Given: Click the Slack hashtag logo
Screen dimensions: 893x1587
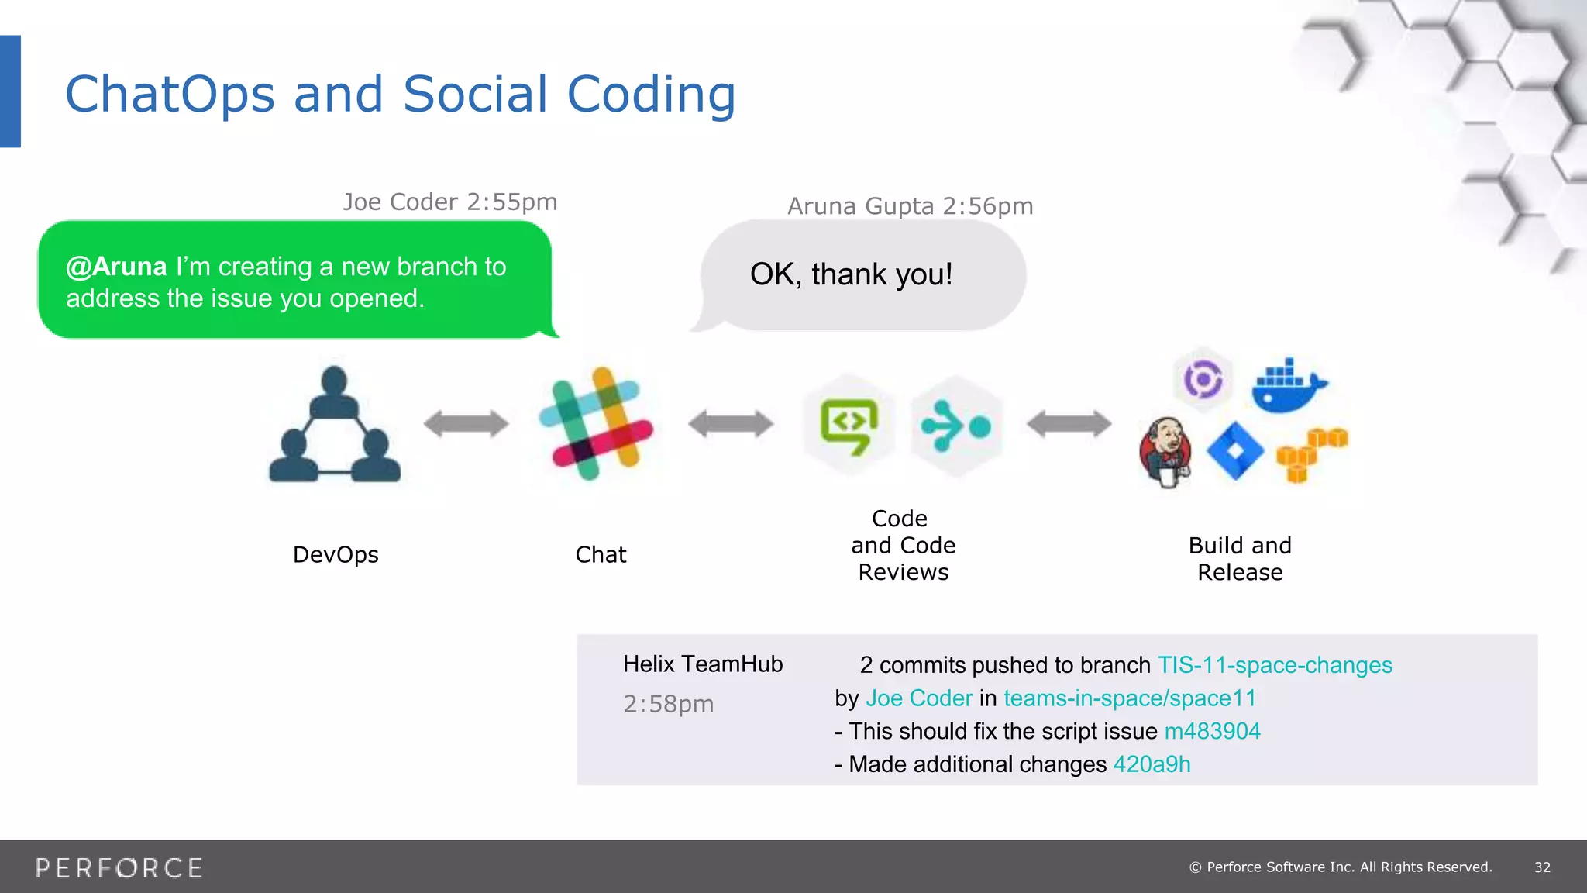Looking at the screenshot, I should click(x=596, y=424).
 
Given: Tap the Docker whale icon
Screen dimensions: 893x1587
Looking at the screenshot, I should click(x=1288, y=386).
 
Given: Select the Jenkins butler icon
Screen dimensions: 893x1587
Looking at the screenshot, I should click(x=1165, y=453).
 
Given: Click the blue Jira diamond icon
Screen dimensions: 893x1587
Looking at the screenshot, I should click(x=1235, y=451).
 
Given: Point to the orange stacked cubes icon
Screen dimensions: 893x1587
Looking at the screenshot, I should click(x=1311, y=454).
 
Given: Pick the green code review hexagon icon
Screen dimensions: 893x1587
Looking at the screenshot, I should click(x=849, y=425).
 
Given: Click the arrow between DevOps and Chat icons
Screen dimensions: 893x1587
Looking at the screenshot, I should click(x=466, y=424).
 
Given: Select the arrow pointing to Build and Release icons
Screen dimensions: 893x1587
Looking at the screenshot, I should click(x=1069, y=424).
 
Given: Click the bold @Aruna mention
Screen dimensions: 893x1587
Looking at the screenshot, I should click(x=116, y=267).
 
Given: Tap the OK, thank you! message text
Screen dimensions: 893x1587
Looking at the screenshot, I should click(x=851, y=274).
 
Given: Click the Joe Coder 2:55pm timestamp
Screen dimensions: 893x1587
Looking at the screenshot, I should click(x=449, y=202).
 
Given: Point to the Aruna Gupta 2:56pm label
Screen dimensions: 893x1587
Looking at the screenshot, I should click(x=910, y=206).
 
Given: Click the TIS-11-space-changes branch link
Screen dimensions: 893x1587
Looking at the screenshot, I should click(x=1275, y=665).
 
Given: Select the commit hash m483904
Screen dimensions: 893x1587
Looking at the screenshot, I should click(x=1212, y=731).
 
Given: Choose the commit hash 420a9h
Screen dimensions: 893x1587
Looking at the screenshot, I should click(x=1152, y=764).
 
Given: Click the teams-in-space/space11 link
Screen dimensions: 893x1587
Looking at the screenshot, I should click(x=1129, y=698).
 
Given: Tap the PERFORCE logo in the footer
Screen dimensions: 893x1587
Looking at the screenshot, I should click(x=119, y=867).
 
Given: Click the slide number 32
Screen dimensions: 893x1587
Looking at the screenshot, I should click(x=1542, y=867).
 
